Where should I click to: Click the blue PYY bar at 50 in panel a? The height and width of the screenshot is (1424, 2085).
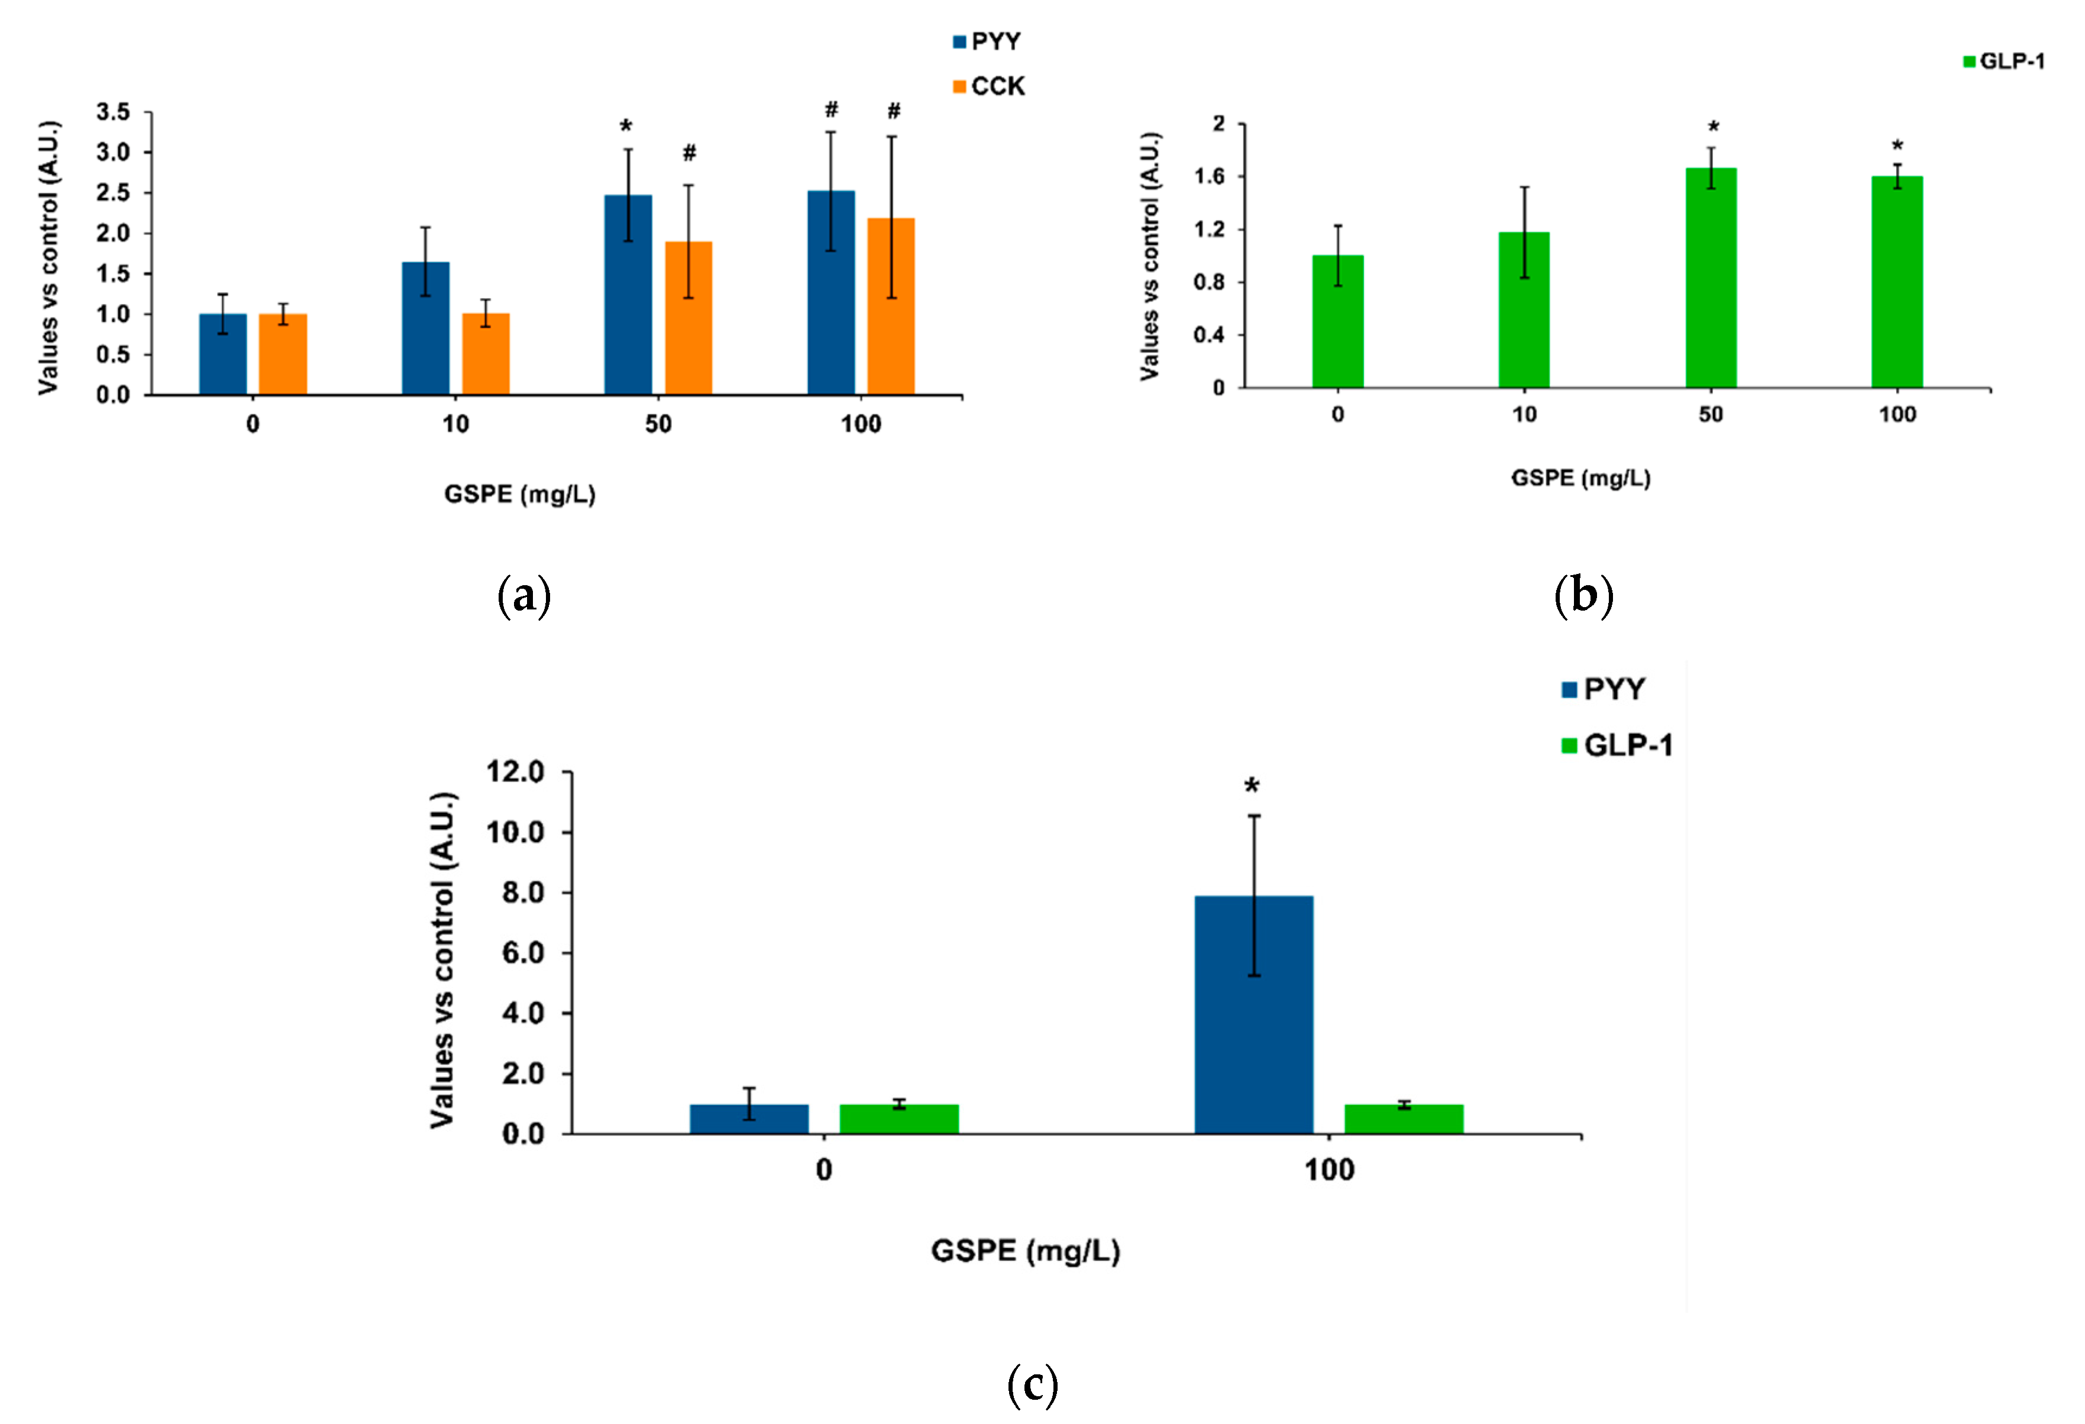point(628,296)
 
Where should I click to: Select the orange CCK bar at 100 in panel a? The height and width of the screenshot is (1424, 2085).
point(891,307)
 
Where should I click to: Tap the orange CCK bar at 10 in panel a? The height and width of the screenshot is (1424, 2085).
point(486,354)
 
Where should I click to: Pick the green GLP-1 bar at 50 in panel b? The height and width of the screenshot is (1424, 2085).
point(1711,278)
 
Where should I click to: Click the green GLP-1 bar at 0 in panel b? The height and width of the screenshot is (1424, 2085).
point(1338,322)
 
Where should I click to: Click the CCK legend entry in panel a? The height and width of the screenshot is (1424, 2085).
point(990,87)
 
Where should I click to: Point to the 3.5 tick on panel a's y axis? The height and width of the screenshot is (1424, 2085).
point(114,113)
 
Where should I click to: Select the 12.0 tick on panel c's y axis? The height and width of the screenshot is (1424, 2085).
point(515,772)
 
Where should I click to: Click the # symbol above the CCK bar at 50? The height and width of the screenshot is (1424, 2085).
point(689,153)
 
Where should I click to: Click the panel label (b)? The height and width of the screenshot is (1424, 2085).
point(1583,595)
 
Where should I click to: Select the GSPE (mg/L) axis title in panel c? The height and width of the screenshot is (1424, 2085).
point(1026,1251)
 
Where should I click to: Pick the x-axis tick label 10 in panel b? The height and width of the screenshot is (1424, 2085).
point(1524,415)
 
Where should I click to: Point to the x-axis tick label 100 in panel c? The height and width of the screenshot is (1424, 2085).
point(1328,1170)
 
